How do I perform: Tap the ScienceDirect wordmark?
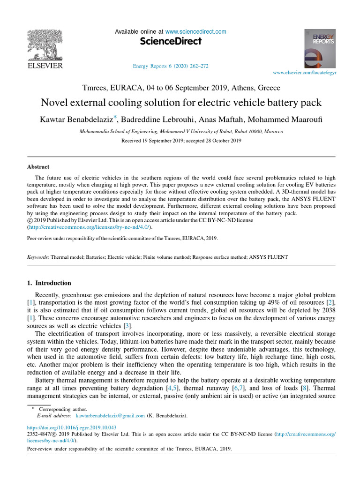[171, 41]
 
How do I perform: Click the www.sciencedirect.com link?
[195, 32]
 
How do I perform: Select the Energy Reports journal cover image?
[320, 49]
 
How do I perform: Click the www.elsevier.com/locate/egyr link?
[305, 73]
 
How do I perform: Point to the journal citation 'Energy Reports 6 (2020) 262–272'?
[171, 66]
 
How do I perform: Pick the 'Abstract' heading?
[38, 166]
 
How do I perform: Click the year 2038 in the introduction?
[327, 310]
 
